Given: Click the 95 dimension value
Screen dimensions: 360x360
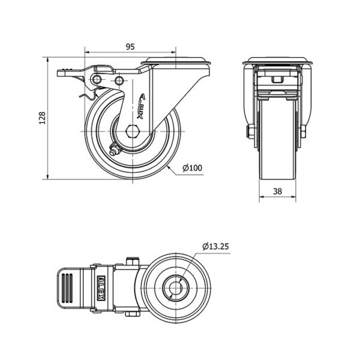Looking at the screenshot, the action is point(130,47).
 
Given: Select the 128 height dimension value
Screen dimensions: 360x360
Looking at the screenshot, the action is point(42,118).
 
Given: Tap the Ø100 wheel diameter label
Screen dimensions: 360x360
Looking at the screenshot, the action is point(193,168).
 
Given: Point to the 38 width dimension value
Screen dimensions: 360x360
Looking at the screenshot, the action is point(277,191).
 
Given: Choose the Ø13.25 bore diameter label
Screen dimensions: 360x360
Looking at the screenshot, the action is point(215,247).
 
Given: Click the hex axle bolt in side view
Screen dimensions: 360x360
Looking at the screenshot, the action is point(133,131).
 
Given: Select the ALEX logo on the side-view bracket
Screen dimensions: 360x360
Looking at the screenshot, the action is point(142,106).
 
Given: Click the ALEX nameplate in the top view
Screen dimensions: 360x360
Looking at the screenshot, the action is point(102,287).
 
